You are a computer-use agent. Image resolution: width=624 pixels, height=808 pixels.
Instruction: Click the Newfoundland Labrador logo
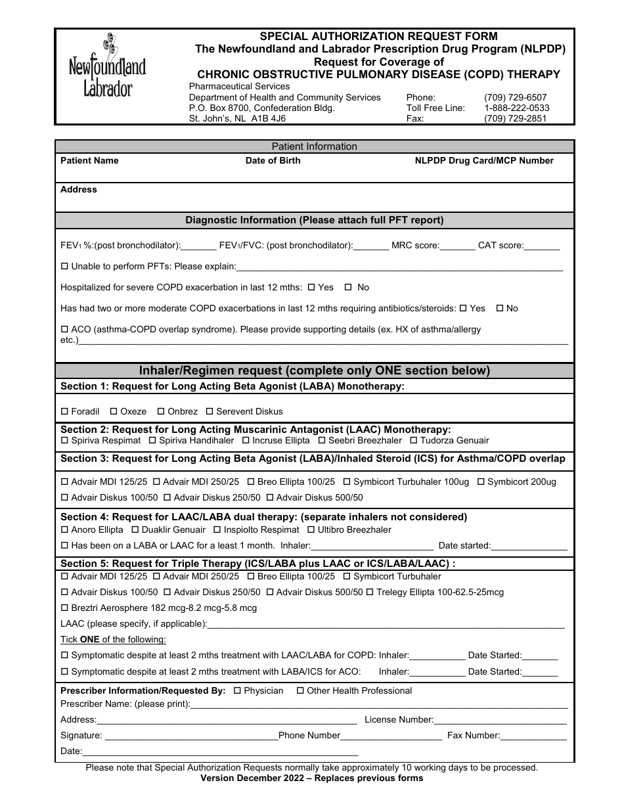tap(108, 66)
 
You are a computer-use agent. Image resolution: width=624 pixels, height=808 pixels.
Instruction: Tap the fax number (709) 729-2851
tap(515, 119)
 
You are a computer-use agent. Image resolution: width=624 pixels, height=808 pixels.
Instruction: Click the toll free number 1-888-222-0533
tap(516, 108)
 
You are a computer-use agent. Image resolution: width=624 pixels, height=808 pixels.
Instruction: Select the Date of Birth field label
tap(273, 160)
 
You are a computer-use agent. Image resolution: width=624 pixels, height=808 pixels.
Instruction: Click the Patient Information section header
tap(314, 146)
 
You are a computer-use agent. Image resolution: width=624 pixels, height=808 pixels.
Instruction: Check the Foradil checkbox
tap(64, 411)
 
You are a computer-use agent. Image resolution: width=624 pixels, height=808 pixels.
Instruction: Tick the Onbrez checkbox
tap(161, 411)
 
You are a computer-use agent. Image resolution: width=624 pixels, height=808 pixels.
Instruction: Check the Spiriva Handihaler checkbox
tap(152, 440)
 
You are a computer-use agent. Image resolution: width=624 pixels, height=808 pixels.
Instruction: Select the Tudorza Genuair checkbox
tap(414, 440)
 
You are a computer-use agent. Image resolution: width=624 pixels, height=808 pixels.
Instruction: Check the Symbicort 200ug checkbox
tap(481, 482)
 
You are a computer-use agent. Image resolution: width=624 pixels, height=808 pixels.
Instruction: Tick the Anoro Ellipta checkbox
tap(64, 529)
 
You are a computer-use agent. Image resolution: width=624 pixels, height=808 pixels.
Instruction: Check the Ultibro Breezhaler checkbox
tap(311, 529)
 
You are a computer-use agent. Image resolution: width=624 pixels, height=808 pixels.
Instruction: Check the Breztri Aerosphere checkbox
tap(64, 608)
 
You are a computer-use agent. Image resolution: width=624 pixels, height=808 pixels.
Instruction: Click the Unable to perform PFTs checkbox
tap(64, 266)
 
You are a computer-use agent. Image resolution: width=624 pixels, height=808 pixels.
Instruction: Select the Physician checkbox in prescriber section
tap(237, 690)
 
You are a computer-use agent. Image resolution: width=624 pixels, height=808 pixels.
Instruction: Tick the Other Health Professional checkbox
tap(300, 690)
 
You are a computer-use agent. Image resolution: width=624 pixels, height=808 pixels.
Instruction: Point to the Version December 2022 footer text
tap(312, 778)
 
